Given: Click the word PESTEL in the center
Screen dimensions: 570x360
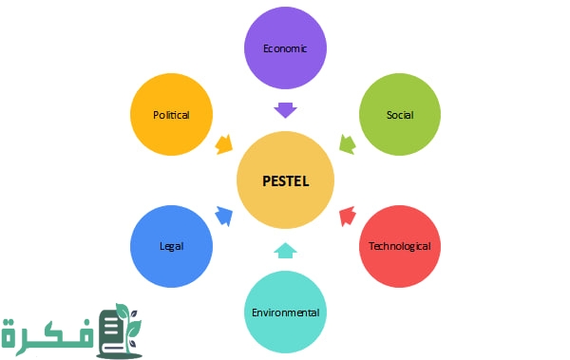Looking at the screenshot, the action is (286, 180).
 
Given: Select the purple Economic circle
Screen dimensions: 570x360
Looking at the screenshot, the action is (286, 47).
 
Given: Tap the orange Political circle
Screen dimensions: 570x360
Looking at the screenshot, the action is (172, 114).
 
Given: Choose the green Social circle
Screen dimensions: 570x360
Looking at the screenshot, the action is (399, 114).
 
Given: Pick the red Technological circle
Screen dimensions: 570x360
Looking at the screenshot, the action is (399, 246).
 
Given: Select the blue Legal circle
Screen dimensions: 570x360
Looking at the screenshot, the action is (172, 246).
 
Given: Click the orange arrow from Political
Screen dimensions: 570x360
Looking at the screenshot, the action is (224, 145).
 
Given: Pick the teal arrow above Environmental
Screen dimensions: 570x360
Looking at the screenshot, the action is (286, 251).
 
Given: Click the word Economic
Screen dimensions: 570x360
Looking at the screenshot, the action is (286, 47).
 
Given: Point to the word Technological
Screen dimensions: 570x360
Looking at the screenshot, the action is (399, 246).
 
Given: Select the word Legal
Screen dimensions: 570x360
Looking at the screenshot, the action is (172, 246).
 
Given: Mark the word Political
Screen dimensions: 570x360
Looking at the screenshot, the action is (172, 115).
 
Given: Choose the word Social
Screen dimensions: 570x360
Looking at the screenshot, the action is (399, 115).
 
